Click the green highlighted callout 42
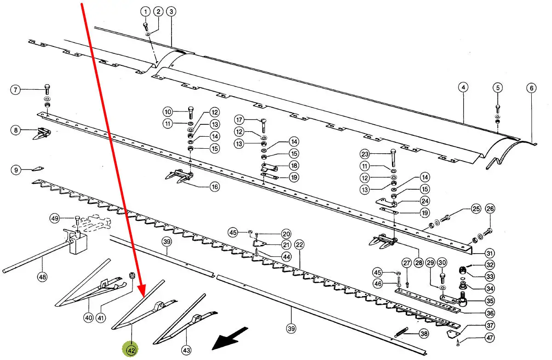(132, 350)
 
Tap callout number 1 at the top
(145, 12)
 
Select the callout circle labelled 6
(531, 88)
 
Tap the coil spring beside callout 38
(401, 332)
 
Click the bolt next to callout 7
(47, 89)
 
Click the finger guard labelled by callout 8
(42, 134)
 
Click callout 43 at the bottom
(186, 351)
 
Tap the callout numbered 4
(463, 87)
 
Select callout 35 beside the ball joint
(489, 302)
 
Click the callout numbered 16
(214, 187)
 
